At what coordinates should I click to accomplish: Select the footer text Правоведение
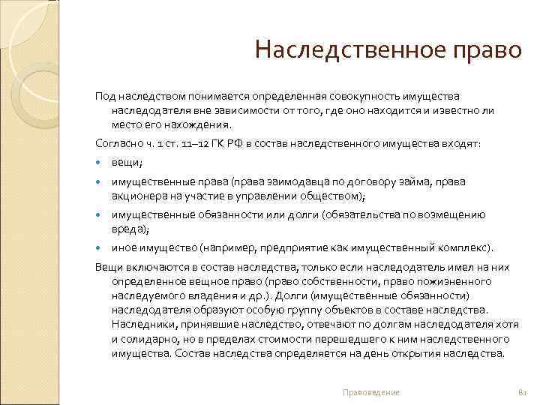(x=370, y=392)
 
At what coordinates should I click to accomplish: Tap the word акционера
(x=137, y=196)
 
